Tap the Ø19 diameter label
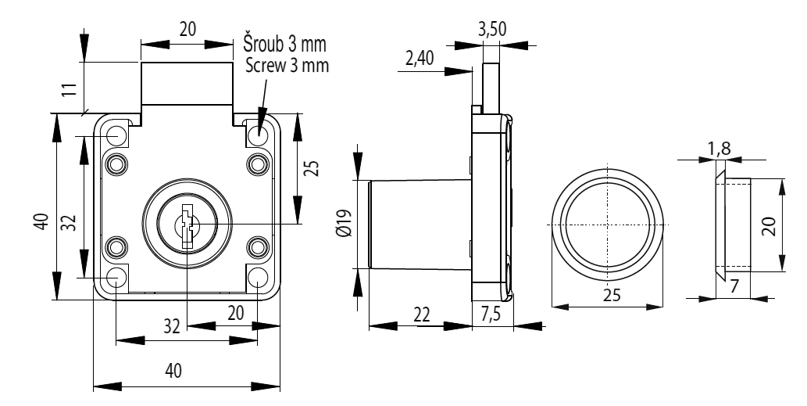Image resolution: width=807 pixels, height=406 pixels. point(341,223)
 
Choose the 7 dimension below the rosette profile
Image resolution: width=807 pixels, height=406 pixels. point(734,286)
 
